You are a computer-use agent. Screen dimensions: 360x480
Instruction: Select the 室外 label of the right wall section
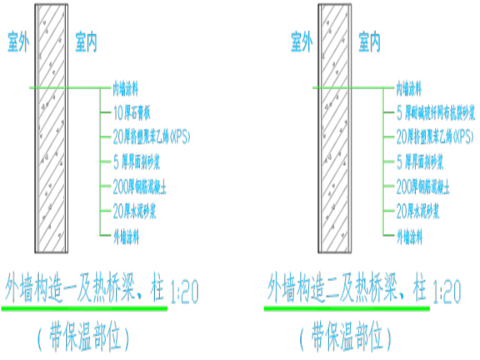point(301,39)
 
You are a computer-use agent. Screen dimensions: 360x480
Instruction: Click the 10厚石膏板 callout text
point(137,112)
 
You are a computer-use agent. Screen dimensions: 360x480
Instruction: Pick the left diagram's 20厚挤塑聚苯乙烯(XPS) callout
point(151,136)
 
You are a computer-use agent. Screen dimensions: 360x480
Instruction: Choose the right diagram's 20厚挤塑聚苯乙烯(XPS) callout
point(434,136)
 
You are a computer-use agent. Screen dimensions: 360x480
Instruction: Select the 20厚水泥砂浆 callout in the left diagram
point(138,210)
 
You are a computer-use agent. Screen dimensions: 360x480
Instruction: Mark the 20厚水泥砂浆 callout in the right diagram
point(422,210)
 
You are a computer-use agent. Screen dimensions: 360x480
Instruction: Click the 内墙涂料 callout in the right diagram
point(414,87)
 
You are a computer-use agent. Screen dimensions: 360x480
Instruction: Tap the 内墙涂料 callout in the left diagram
point(131,87)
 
